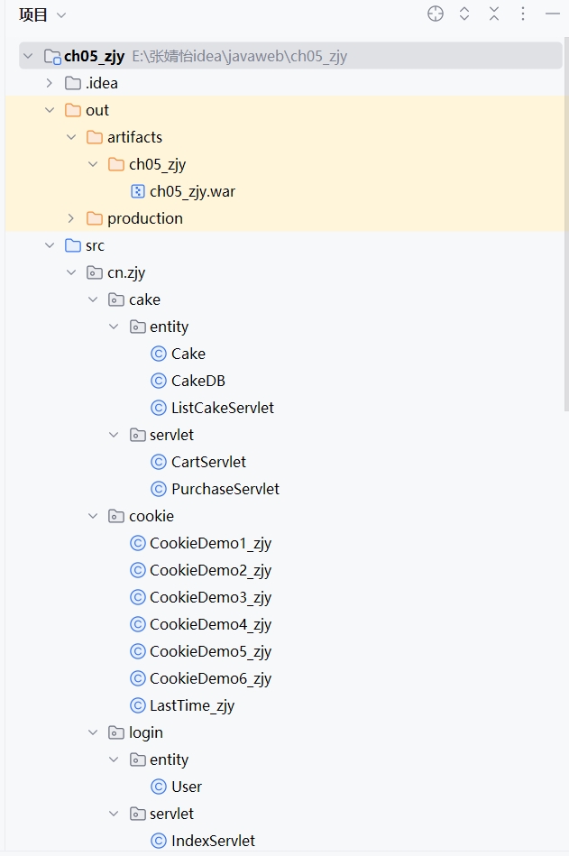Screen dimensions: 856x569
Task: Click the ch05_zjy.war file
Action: point(192,191)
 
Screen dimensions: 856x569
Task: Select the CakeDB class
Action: point(197,381)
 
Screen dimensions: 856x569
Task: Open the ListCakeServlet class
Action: point(222,408)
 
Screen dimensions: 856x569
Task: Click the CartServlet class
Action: point(208,462)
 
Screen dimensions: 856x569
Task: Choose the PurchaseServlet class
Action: point(225,489)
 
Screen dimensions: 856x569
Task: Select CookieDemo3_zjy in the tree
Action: point(210,597)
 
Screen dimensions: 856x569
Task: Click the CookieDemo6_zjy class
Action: point(210,678)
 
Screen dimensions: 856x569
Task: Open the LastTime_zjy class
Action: point(191,705)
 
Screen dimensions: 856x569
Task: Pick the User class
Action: point(186,787)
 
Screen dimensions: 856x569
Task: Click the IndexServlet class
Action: point(213,841)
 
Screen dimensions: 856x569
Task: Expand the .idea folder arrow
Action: point(50,83)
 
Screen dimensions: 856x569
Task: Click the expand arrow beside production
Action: point(71,218)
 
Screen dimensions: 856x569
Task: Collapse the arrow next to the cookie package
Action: point(93,516)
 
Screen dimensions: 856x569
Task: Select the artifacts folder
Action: point(134,137)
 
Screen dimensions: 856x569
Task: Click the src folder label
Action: point(95,245)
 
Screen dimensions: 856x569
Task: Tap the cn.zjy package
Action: point(126,272)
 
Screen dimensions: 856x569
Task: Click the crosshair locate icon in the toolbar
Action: point(436,14)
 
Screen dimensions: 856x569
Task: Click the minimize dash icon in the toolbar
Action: point(553,14)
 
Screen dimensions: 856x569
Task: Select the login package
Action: point(145,732)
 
